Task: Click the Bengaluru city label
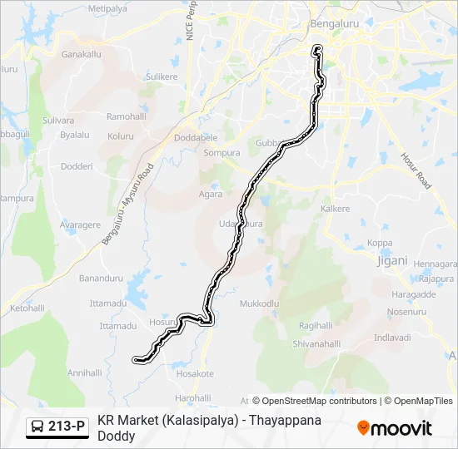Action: (x=337, y=24)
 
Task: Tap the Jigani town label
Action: (x=392, y=260)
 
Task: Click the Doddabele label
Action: (x=196, y=137)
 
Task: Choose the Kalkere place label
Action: (x=336, y=209)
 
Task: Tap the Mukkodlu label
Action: (x=259, y=304)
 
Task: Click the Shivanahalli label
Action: (x=316, y=343)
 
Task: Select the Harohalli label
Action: (x=193, y=397)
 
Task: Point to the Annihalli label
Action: (x=84, y=373)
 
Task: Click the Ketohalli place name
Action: (x=27, y=308)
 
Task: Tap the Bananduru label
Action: (x=101, y=278)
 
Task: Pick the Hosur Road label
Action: (x=416, y=170)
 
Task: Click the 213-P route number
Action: (x=67, y=427)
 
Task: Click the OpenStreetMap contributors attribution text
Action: (x=319, y=401)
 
